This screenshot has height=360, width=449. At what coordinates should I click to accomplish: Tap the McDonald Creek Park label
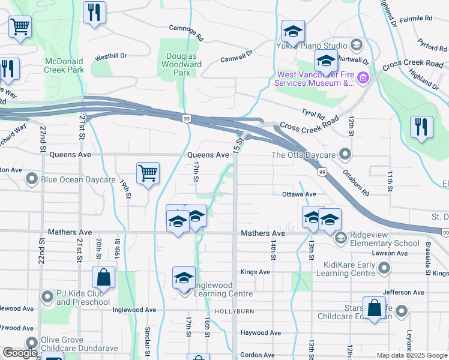[x=64, y=65]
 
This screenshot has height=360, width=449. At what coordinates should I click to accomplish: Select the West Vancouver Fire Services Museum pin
[x=363, y=78]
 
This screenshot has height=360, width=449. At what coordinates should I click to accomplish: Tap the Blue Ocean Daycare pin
[x=31, y=179]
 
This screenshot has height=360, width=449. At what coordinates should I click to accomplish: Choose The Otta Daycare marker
[x=345, y=155]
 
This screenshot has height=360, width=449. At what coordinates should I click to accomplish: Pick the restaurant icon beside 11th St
[x=421, y=127]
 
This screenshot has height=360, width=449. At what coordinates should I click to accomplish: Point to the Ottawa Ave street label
[x=299, y=194]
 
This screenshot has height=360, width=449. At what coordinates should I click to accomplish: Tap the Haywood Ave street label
[x=261, y=333]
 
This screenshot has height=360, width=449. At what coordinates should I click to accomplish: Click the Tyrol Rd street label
[x=313, y=113]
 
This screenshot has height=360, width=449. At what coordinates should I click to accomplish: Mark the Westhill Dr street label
[x=111, y=56]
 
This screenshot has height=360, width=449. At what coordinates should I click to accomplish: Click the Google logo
[x=20, y=353]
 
